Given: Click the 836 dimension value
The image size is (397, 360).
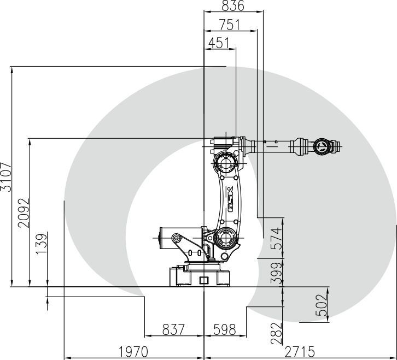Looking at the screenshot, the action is [x=233, y=5].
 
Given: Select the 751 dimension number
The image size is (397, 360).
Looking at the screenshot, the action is [x=229, y=25].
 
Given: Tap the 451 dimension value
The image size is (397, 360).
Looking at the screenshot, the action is [x=219, y=43].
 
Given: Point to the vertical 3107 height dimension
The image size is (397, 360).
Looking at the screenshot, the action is [x=6, y=177].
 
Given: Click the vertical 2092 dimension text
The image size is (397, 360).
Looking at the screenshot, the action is [x=24, y=213].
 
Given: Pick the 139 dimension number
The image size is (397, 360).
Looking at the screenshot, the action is [x=42, y=244].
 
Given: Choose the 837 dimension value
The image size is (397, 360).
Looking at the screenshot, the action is [x=173, y=329].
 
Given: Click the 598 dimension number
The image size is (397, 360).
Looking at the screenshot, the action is [x=225, y=329].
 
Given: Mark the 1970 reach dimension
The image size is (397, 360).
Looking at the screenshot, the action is [x=133, y=352].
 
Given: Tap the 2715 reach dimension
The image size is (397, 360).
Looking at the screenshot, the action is [x=300, y=352].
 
